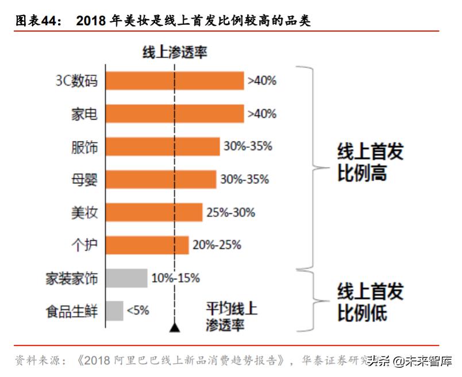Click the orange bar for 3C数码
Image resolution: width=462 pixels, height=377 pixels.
click(x=175, y=81)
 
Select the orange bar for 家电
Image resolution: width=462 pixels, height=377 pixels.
click(x=175, y=114)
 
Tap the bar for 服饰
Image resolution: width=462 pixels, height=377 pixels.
click(x=163, y=147)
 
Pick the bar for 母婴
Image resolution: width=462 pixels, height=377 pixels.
click(x=161, y=179)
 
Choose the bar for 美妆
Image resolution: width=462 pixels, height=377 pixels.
click(x=155, y=212)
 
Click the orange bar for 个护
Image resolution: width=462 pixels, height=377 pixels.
click(x=148, y=245)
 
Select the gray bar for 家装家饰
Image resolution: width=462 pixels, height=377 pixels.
click(x=127, y=278)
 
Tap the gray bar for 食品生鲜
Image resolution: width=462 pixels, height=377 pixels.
click(x=115, y=311)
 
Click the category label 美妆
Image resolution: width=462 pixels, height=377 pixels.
click(x=84, y=213)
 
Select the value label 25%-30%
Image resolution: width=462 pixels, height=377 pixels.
click(x=230, y=213)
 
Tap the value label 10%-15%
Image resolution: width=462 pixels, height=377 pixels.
click(x=175, y=279)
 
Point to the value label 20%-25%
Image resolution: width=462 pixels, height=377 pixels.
click(x=217, y=245)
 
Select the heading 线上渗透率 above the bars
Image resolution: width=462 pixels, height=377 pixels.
click(x=175, y=52)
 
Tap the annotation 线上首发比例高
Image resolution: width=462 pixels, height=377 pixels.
click(x=370, y=163)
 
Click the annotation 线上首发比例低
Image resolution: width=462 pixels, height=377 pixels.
click(x=370, y=302)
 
